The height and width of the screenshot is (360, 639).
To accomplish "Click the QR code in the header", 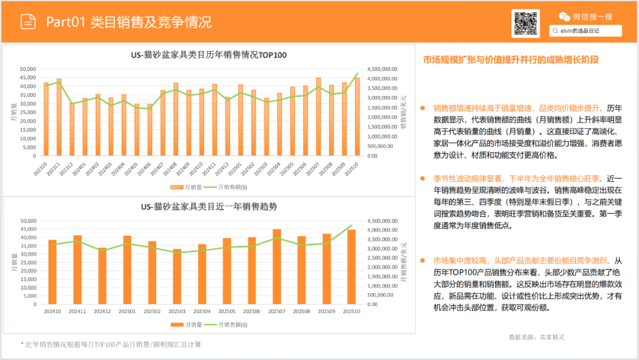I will (x=525, y=23).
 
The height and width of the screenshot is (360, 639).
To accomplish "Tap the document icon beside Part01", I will (x=28, y=22).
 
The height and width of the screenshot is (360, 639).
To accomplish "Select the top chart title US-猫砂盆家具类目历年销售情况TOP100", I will (x=208, y=55).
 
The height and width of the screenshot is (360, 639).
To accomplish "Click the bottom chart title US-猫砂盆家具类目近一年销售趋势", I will (x=208, y=207).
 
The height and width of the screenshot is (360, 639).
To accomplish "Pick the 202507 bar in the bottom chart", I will (x=277, y=266).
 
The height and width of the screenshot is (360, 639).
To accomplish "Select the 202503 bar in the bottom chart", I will (x=177, y=277).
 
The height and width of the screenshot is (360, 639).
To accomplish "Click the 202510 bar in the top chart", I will (x=357, y=117).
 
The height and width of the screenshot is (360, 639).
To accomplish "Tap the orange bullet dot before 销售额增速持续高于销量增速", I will (x=422, y=108).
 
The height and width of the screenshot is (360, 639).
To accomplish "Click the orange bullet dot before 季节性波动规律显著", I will (x=422, y=178).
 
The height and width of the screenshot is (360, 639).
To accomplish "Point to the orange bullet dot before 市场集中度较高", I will (x=422, y=261).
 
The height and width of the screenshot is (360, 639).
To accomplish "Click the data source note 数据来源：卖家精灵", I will (x=536, y=337).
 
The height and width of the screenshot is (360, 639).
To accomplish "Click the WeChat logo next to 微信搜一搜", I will (x=565, y=17).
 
